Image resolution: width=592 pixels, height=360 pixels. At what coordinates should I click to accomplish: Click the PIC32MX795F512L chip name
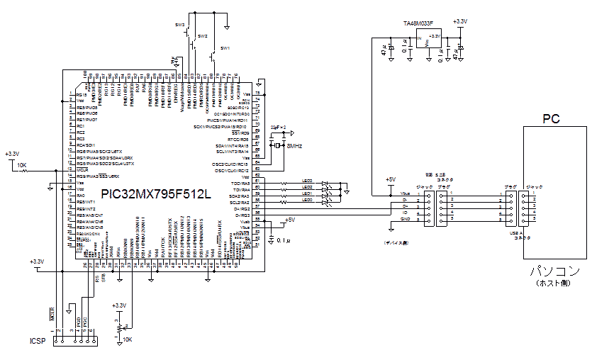tap(155, 193)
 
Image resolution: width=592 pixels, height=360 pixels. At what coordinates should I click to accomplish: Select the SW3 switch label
tap(180, 24)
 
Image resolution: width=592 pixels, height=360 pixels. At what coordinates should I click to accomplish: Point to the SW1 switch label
tap(225, 47)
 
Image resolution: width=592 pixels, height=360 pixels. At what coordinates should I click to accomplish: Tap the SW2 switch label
tap(203, 35)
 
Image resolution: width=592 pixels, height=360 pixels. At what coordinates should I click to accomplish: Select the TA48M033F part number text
tap(418, 23)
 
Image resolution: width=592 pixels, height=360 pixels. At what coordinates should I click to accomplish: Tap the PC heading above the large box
tap(551, 118)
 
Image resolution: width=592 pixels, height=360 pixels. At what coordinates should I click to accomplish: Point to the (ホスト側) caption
tap(554, 283)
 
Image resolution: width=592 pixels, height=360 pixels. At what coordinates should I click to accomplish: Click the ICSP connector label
tap(38, 342)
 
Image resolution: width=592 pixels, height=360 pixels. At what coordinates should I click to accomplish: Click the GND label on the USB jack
tap(406, 219)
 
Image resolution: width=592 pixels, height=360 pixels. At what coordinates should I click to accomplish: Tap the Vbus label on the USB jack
tap(406, 193)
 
